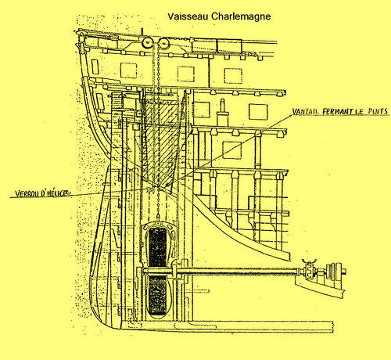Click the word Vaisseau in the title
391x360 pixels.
pyautogui.click(x=188, y=16)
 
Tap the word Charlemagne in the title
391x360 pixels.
pyautogui.click(x=241, y=16)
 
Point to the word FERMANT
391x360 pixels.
pyautogui.click(x=337, y=112)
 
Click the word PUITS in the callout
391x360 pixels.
pyautogui.click(x=378, y=111)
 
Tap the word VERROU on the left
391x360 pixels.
pyautogui.click(x=27, y=193)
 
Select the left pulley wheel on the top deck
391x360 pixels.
pyautogui.click(x=147, y=42)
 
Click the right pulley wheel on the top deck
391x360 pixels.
pyautogui.click(x=164, y=42)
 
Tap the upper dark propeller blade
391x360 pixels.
pyautogui.click(x=157, y=247)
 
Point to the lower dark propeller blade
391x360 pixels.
pyautogui.click(x=156, y=296)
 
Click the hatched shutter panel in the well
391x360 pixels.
pyautogui.click(x=160, y=141)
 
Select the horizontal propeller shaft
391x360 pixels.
pyautogui.click(x=221, y=272)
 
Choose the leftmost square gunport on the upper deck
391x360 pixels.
pyautogui.click(x=128, y=70)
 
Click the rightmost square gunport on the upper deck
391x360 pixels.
pyautogui.click(x=233, y=76)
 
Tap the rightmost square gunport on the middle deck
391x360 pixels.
pyautogui.click(x=258, y=112)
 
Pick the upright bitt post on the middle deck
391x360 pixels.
pyautogui.click(x=222, y=113)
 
